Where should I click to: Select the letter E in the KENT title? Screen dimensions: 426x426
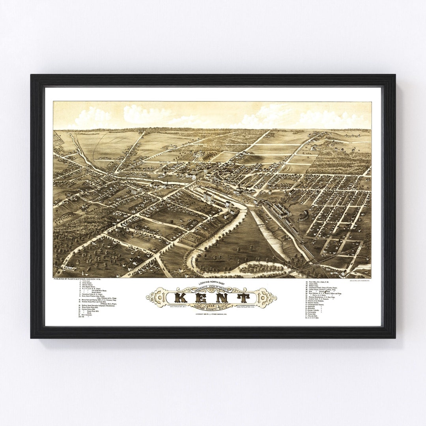pyautogui.click(x=202, y=297)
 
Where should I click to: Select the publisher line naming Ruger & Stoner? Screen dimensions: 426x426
pyautogui.click(x=76, y=279)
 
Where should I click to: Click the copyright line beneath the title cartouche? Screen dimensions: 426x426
pyautogui.click(x=211, y=314)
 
